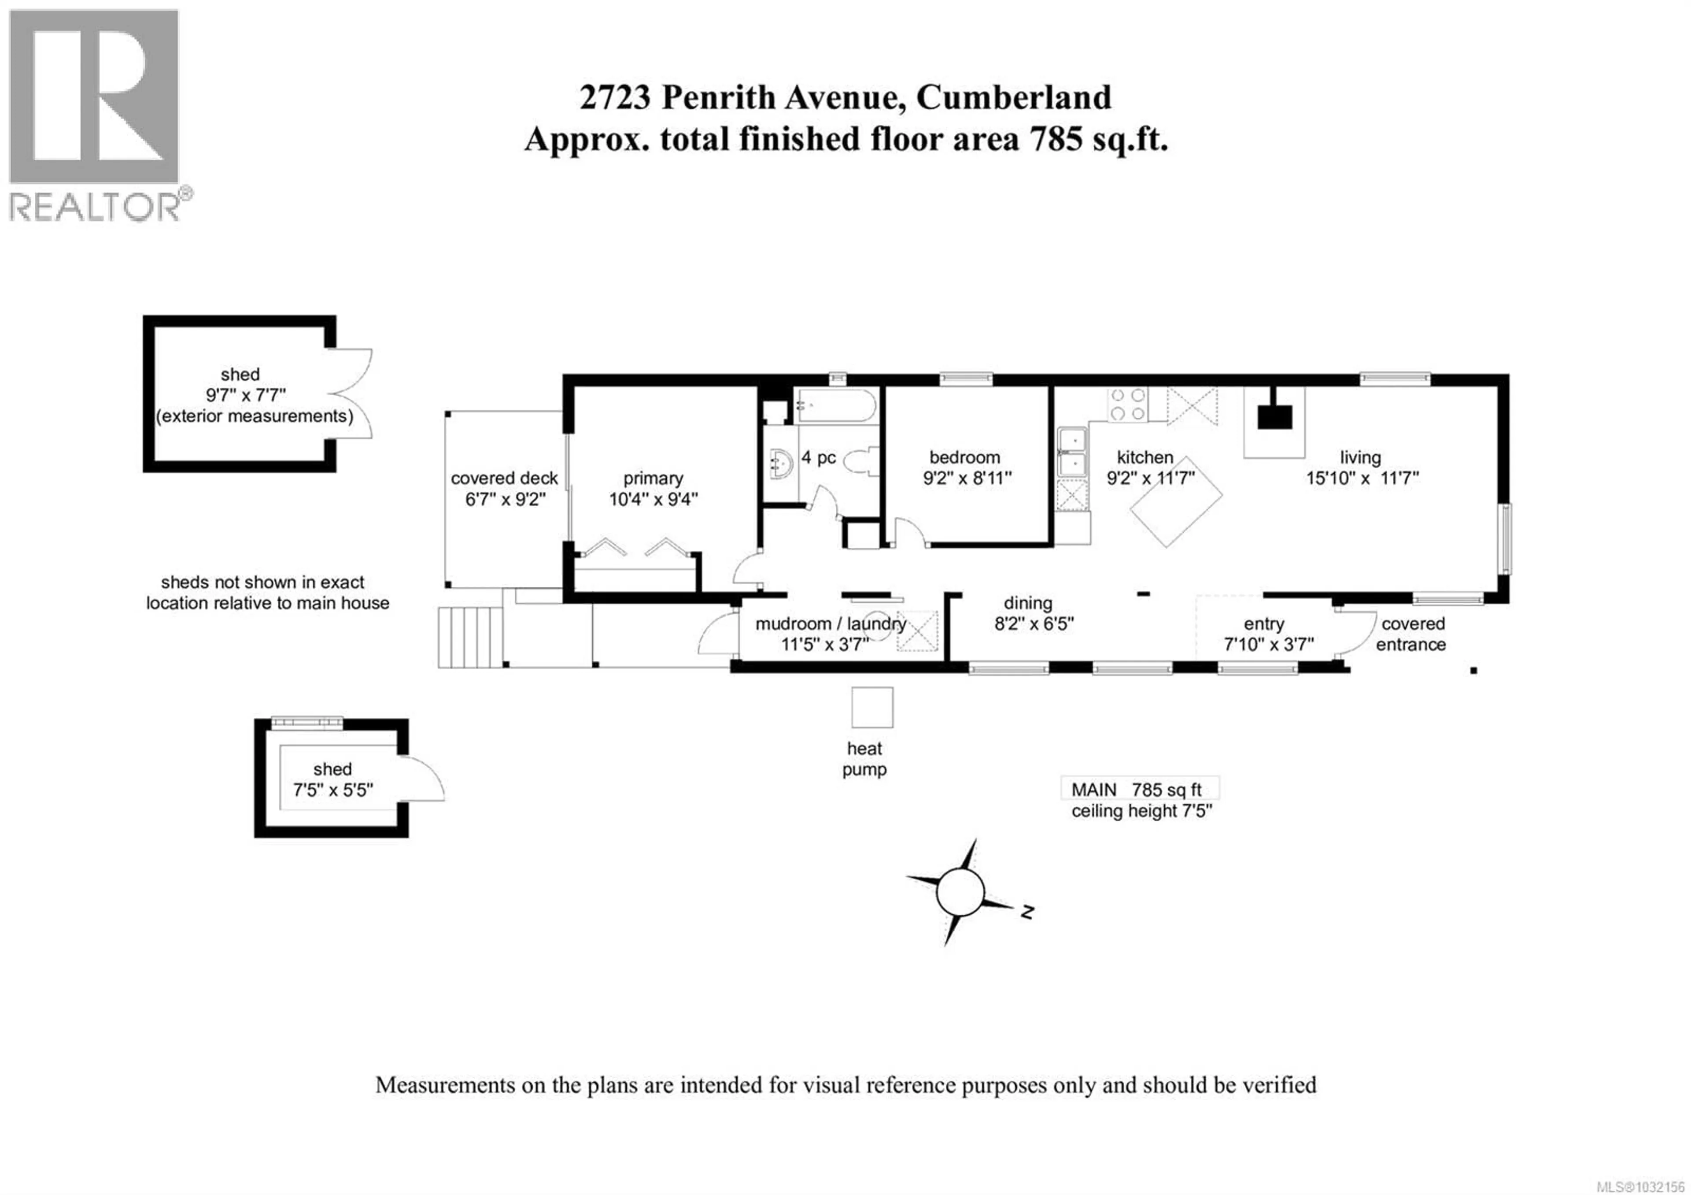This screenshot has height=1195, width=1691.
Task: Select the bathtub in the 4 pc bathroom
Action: [836, 405]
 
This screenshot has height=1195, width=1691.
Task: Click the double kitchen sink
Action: [1073, 451]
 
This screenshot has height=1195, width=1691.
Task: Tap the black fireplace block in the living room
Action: [1274, 417]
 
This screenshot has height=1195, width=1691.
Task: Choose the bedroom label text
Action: [964, 457]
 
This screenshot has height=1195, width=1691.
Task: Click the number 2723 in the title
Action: [615, 98]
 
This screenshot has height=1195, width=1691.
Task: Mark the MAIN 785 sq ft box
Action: [1139, 790]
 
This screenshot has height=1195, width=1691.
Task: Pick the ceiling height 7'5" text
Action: [1141, 811]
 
